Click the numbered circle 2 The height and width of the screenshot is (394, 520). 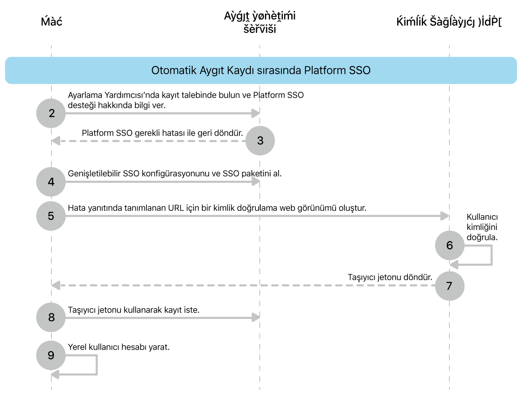point(51,113)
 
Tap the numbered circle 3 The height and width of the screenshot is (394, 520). point(260,141)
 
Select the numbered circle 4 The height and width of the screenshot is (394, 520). point(51,182)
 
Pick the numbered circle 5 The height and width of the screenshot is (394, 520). point(51,216)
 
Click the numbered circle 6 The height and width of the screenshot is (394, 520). point(449,245)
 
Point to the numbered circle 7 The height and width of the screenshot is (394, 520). point(449,286)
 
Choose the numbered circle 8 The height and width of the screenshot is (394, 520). point(51,317)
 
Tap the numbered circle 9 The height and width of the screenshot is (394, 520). point(51,355)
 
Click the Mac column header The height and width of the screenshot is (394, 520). point(51,22)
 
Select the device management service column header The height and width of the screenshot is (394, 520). point(260,22)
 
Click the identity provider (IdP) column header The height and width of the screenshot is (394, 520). point(449,22)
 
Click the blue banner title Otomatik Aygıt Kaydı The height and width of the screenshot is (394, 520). point(261,70)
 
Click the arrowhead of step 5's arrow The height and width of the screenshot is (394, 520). point(445,216)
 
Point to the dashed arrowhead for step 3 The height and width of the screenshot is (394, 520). point(56,141)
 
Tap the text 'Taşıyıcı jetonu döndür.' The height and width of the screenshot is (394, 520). point(390,277)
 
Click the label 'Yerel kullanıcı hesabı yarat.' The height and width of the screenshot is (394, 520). point(119,347)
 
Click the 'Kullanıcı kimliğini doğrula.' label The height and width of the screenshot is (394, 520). point(482,227)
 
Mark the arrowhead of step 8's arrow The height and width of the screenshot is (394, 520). point(256,318)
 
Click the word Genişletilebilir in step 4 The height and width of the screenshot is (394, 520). point(94,174)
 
